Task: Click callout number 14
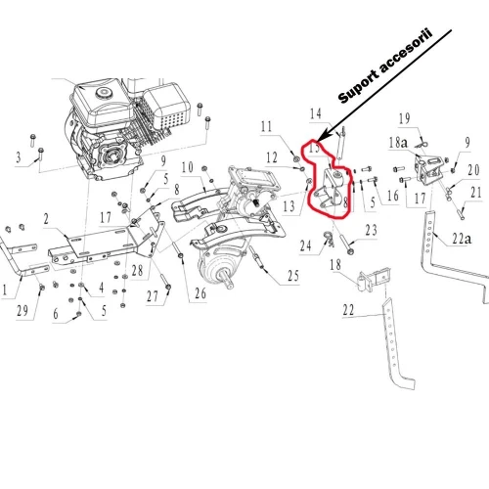click(x=315, y=114)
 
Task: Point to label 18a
click(x=398, y=143)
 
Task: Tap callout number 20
click(x=473, y=169)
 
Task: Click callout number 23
click(x=371, y=230)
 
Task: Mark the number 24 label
click(x=305, y=245)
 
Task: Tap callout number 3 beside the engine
click(x=17, y=156)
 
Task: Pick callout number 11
click(x=267, y=126)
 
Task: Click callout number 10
click(x=187, y=167)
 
